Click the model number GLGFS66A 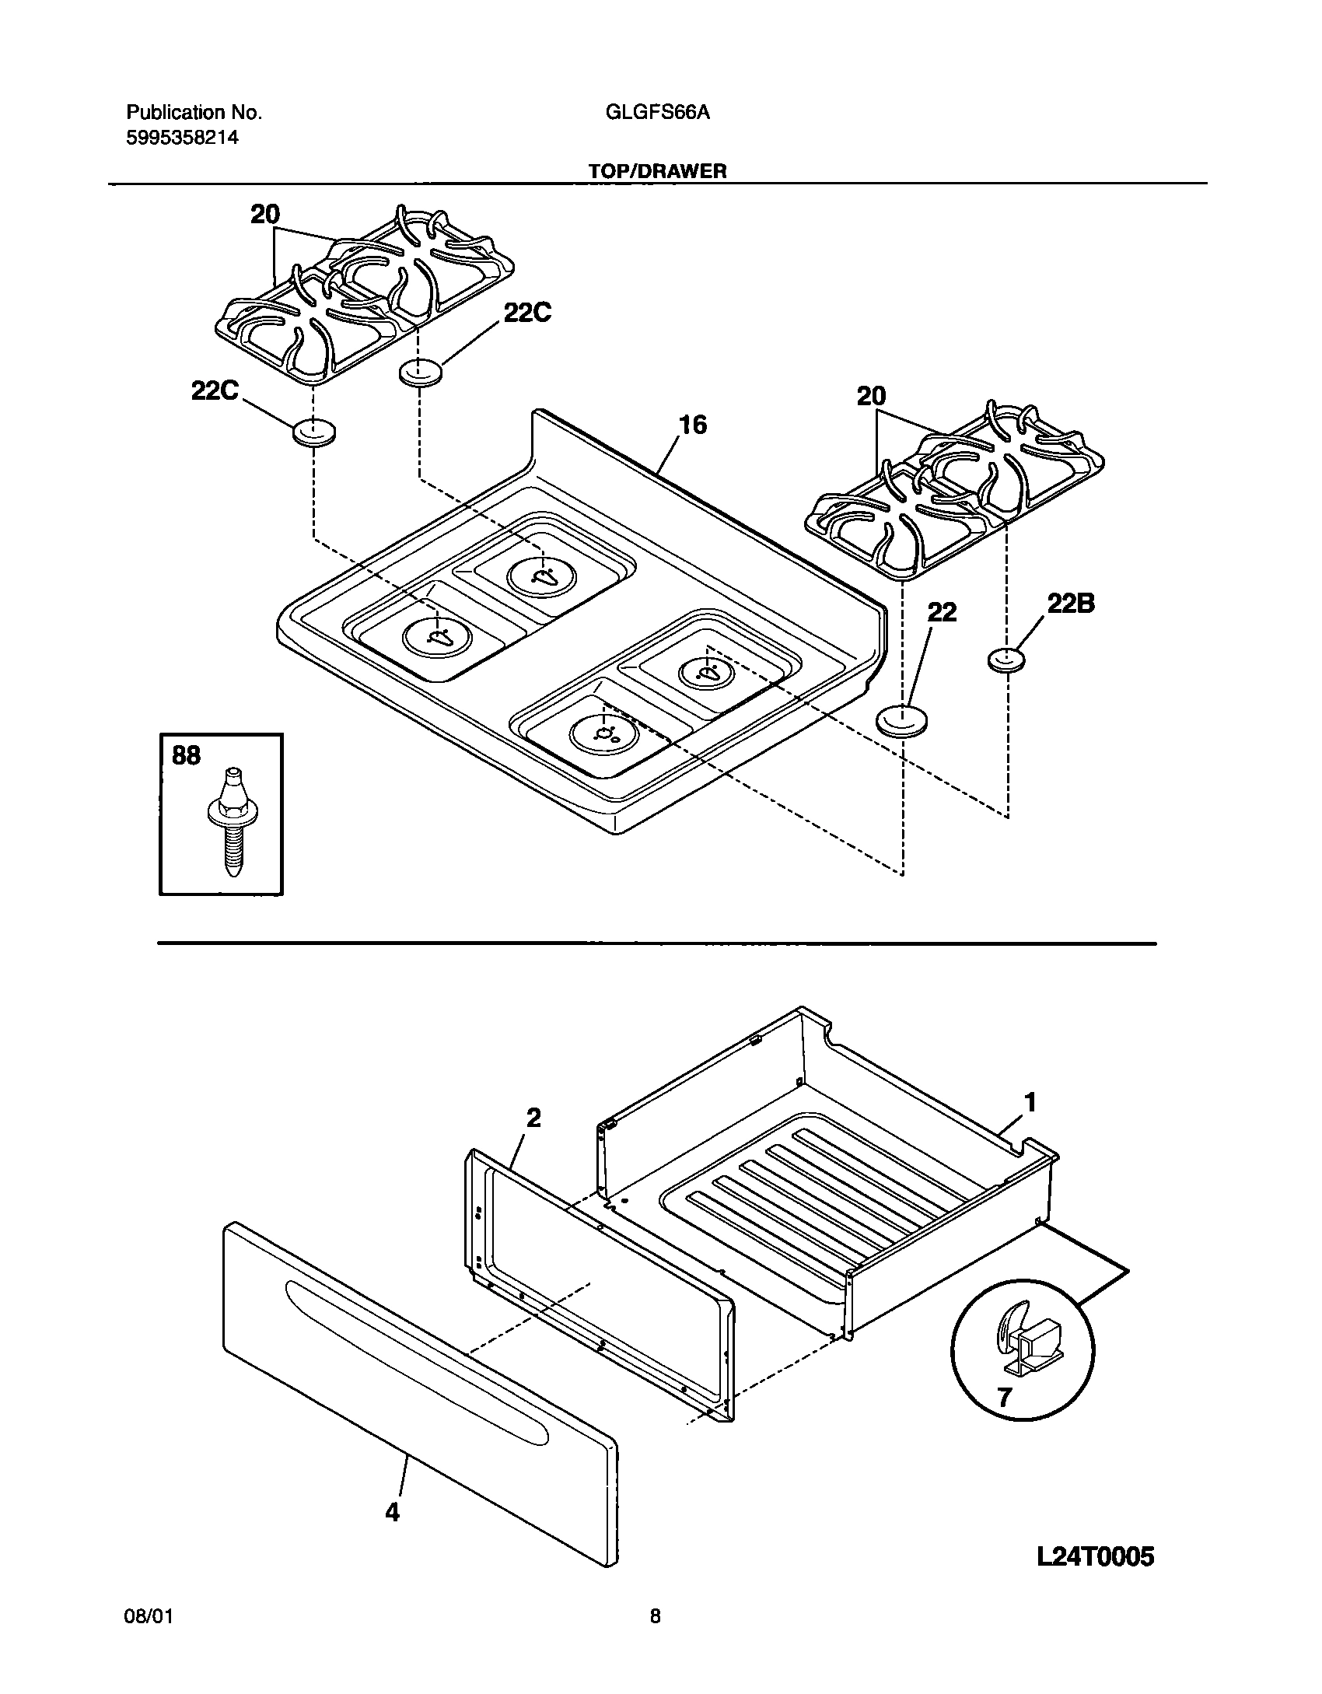click(657, 113)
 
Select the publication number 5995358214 click(182, 138)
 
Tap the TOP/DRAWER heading click(657, 171)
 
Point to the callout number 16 click(692, 425)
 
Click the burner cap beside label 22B click(1006, 660)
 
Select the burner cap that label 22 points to click(903, 720)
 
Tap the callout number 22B click(1070, 604)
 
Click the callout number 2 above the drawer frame click(533, 1118)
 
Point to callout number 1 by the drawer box click(1030, 1103)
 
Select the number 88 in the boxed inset click(185, 755)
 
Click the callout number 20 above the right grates click(871, 397)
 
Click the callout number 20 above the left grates click(265, 215)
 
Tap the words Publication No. click(194, 113)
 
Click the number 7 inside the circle click(1004, 1398)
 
